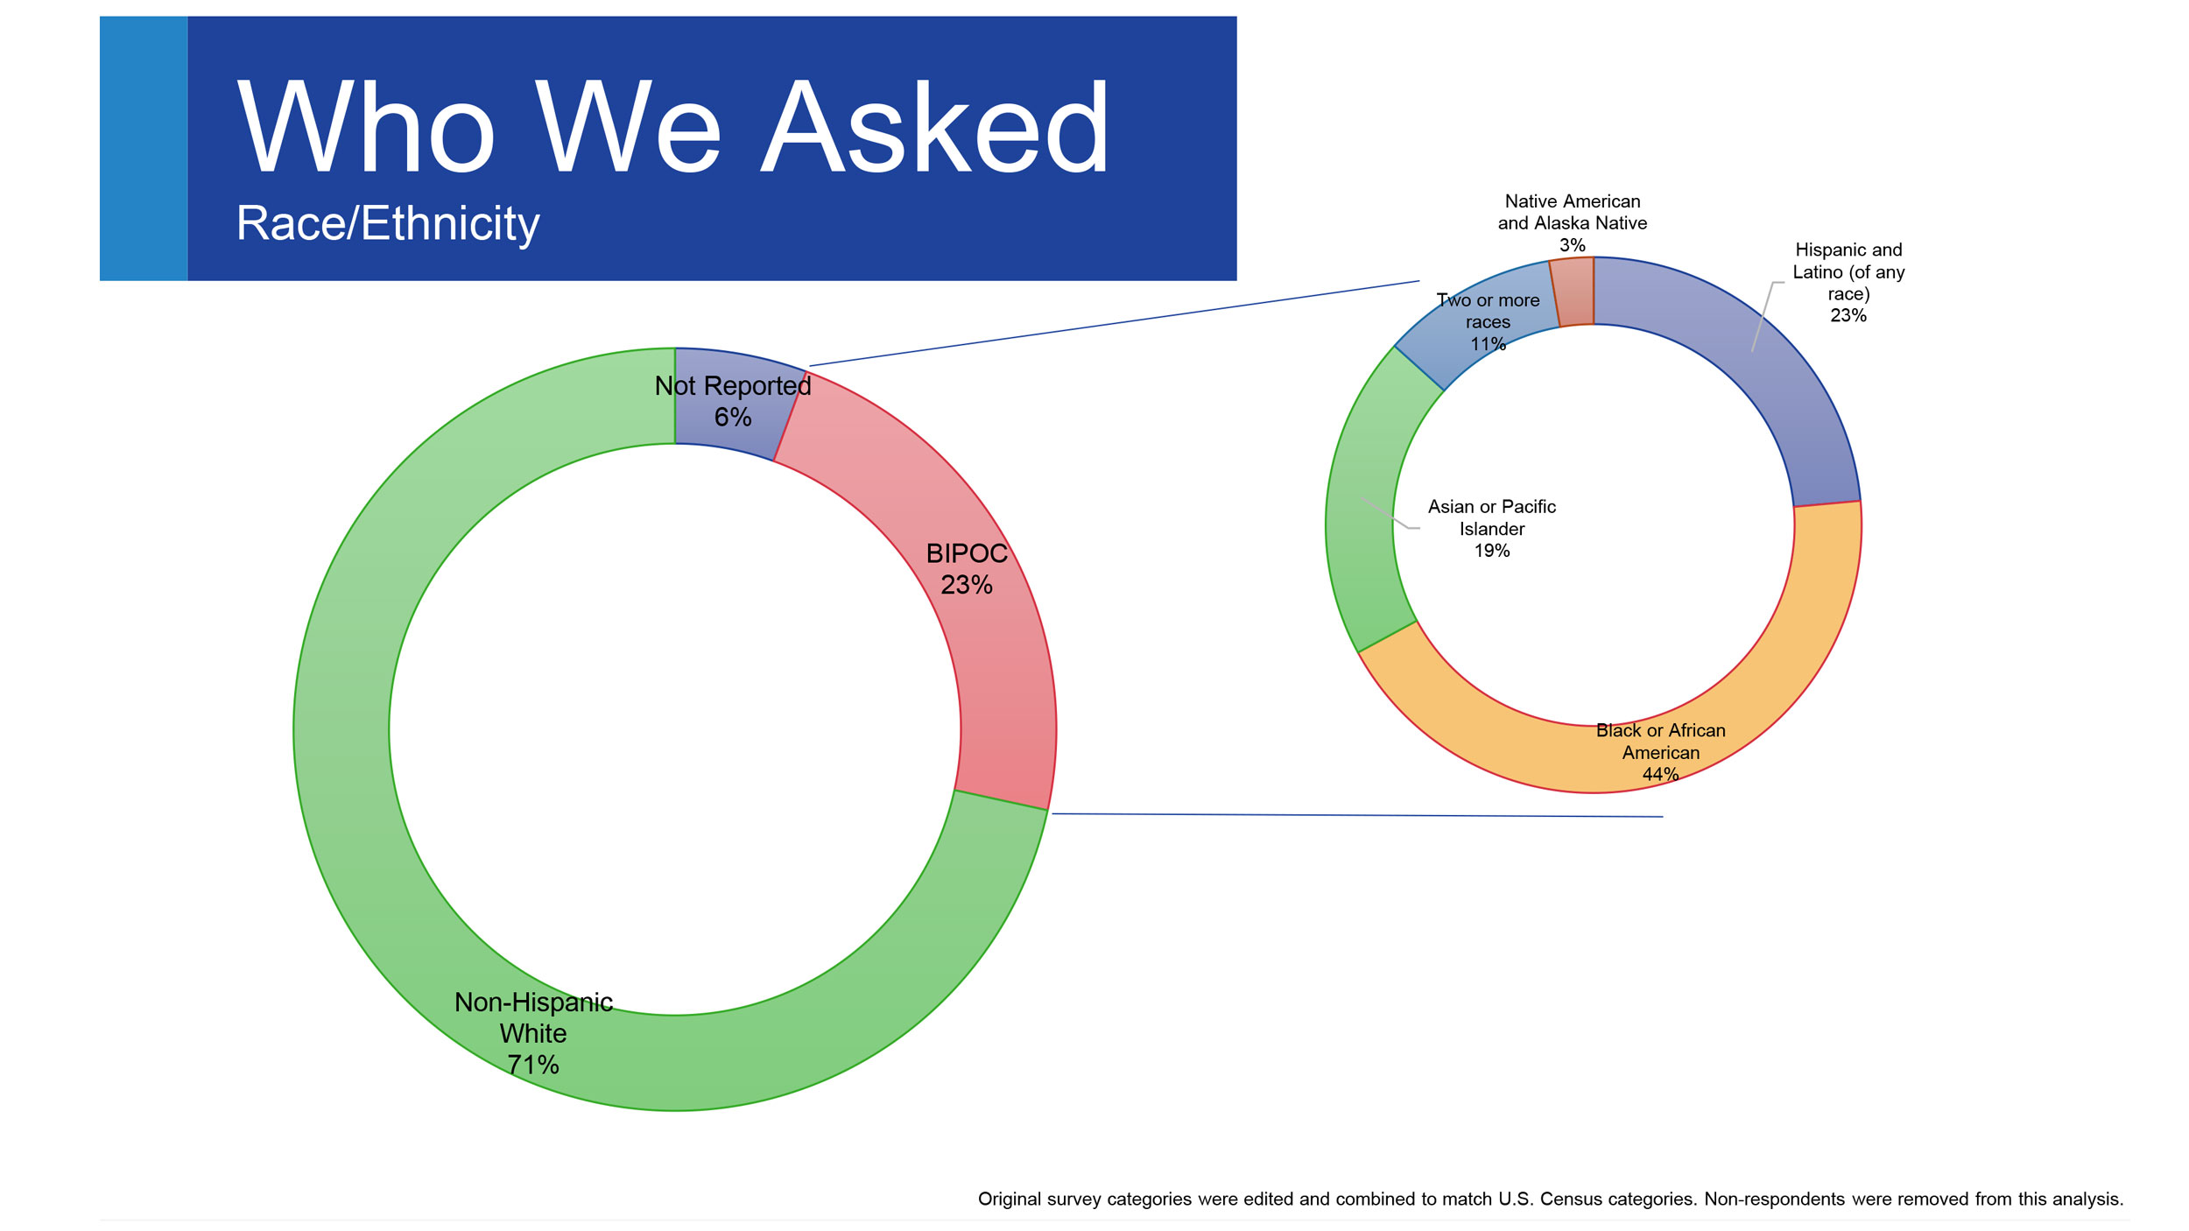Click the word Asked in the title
(935, 127)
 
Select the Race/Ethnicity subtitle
(388, 223)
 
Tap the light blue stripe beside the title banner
(144, 148)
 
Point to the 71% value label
(532, 1065)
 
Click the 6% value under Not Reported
(733, 417)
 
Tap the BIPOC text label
(967, 553)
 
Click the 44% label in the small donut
(1660, 774)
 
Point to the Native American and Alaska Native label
(1573, 223)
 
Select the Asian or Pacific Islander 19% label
(1492, 528)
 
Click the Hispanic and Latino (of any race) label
(1848, 282)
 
